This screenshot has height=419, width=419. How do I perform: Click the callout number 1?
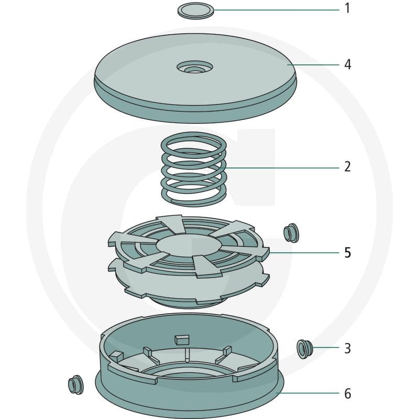pyautogui.click(x=347, y=8)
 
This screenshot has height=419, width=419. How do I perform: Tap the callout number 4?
pyautogui.click(x=347, y=64)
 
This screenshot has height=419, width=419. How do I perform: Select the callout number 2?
pyautogui.click(x=347, y=167)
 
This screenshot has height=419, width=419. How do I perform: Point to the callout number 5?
pyautogui.click(x=347, y=252)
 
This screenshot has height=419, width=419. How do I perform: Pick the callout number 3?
pyautogui.click(x=347, y=348)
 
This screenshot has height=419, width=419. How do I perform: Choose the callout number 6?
pyautogui.click(x=347, y=394)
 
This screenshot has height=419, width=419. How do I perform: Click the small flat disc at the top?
pyautogui.click(x=196, y=10)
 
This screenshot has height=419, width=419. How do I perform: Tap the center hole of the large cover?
pyautogui.click(x=195, y=69)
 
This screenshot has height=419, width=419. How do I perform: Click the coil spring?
pyautogui.click(x=194, y=169)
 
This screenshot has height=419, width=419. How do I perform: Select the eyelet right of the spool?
pyautogui.click(x=291, y=233)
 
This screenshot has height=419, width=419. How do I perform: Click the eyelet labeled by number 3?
pyautogui.click(x=304, y=349)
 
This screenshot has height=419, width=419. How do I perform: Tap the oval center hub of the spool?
pyautogui.click(x=189, y=245)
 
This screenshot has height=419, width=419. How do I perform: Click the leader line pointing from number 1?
pyautogui.click(x=277, y=10)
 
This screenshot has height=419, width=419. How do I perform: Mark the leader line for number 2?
pyautogui.click(x=282, y=168)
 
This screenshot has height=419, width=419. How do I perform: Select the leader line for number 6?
pyautogui.click(x=308, y=393)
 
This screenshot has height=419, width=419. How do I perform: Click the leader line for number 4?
pyautogui.click(x=313, y=64)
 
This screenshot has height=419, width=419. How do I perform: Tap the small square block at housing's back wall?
pyautogui.click(x=182, y=339)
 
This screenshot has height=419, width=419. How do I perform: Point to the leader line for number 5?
pyautogui.click(x=304, y=252)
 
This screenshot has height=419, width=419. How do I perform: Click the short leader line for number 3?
pyautogui.click(x=326, y=347)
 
